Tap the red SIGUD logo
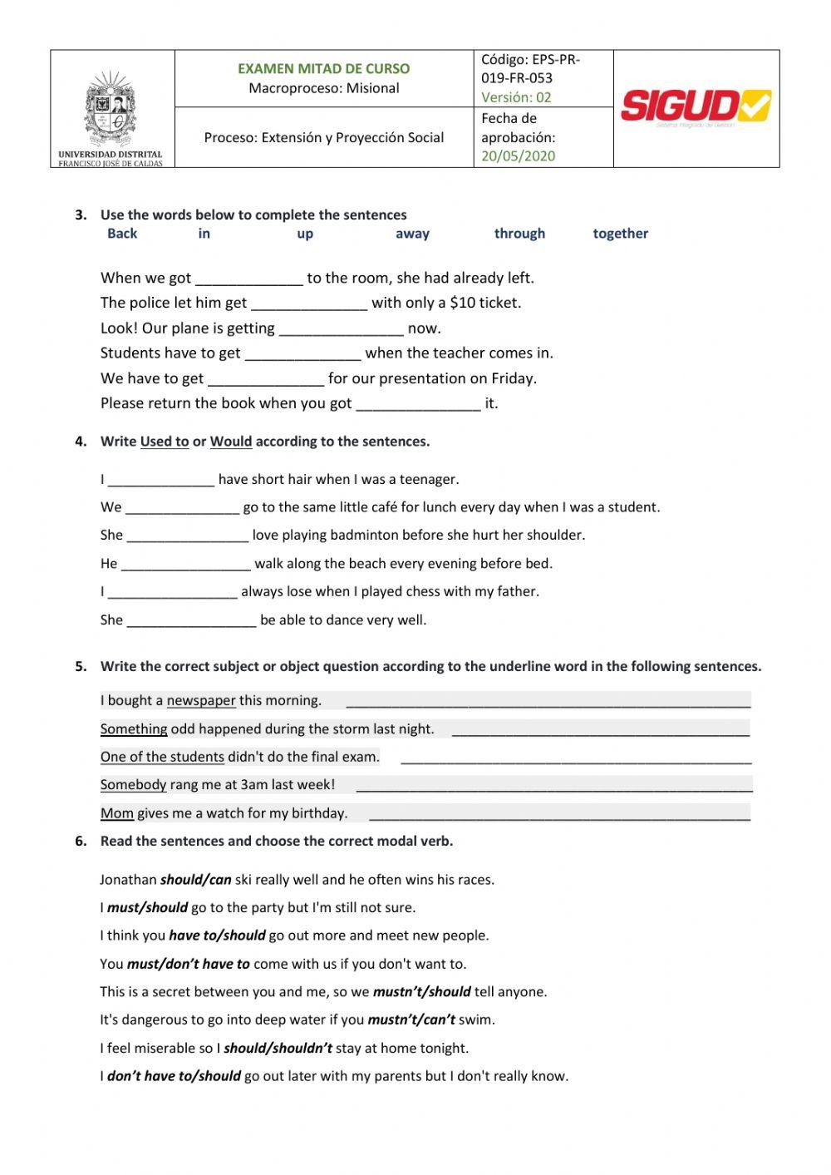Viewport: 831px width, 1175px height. click(x=696, y=107)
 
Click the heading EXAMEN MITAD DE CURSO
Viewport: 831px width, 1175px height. click(x=323, y=69)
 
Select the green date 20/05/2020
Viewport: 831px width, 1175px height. click(x=519, y=156)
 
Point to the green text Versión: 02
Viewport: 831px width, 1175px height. click(x=516, y=96)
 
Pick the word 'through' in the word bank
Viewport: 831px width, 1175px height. click(x=519, y=234)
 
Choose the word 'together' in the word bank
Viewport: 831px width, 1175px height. click(x=620, y=234)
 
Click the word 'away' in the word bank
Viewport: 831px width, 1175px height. click(x=412, y=234)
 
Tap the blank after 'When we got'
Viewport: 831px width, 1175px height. click(x=248, y=279)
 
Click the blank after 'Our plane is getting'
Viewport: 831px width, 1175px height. click(x=341, y=328)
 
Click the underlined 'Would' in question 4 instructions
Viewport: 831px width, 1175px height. click(x=231, y=442)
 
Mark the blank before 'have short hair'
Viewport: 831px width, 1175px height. click(x=161, y=480)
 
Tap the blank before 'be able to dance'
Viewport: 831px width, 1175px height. click(x=191, y=620)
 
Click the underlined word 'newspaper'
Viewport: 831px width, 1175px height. click(x=201, y=700)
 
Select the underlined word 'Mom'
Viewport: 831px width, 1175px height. click(x=117, y=813)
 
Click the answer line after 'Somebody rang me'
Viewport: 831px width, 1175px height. click(x=553, y=785)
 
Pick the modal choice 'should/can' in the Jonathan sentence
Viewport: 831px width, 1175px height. click(x=195, y=880)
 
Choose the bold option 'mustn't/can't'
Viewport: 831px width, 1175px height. click(x=411, y=1019)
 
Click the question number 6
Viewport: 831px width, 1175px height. click(x=81, y=842)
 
